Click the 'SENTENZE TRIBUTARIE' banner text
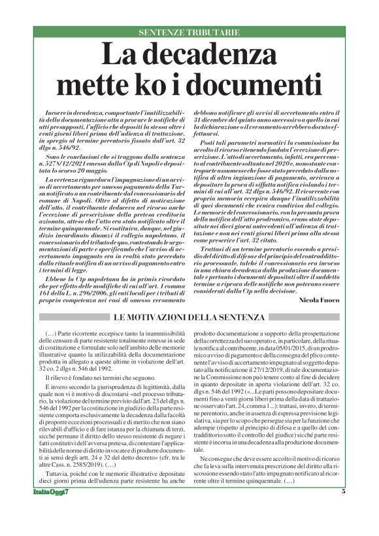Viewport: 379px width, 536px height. [x=189, y=32]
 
